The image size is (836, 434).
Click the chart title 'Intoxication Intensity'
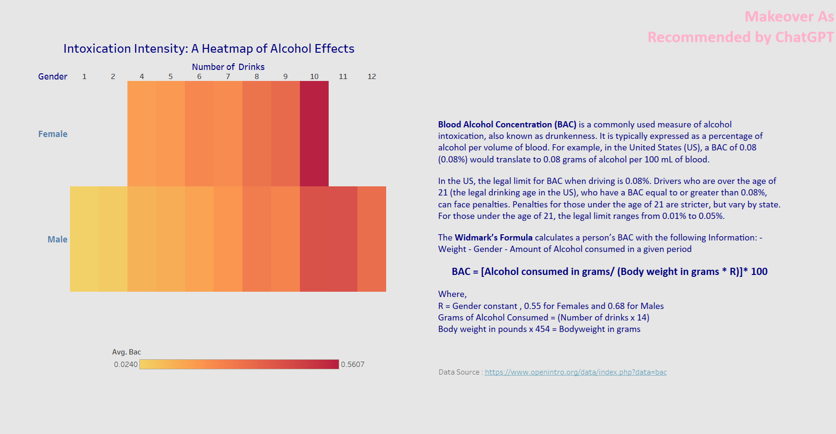[126, 49]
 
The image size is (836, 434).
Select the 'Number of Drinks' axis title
[228, 67]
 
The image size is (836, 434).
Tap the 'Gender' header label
[53, 77]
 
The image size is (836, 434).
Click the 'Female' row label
[53, 134]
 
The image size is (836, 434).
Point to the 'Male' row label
[57, 240]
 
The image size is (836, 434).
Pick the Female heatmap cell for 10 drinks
[314, 134]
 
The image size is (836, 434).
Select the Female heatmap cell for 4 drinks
[142, 134]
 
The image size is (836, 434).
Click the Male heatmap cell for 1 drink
[84, 239]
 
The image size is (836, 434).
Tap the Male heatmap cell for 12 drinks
[372, 239]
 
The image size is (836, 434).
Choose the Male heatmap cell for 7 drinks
[228, 239]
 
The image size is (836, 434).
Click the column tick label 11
[343, 77]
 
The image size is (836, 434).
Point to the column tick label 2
[113, 77]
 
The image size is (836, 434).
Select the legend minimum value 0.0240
[126, 365]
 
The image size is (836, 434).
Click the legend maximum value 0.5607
[353, 365]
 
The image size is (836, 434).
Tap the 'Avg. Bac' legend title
[126, 352]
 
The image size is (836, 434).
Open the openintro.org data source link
[575, 372]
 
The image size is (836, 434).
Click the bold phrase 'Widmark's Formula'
[493, 238]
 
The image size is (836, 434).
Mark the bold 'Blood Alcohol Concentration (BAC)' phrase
[507, 125]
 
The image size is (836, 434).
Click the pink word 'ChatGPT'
[804, 37]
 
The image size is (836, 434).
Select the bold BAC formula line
[609, 272]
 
